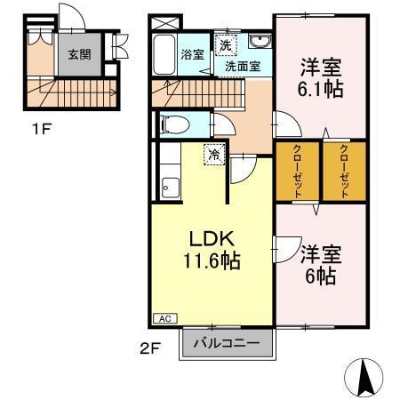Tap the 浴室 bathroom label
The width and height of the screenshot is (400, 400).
tap(193, 54)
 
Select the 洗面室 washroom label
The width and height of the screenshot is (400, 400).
tap(242, 66)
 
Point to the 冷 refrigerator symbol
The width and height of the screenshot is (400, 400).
tap(215, 155)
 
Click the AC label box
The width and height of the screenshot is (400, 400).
tap(164, 317)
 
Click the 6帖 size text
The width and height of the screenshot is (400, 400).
tap(322, 276)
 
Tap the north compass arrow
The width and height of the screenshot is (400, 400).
tap(364, 377)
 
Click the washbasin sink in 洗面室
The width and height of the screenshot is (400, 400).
tap(260, 44)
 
